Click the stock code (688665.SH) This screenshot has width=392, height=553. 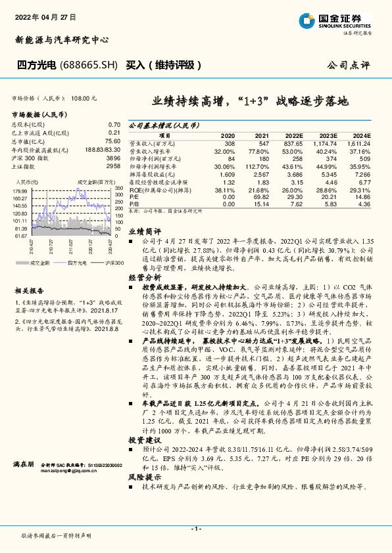coord(89,66)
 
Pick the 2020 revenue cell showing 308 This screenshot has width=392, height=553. coord(230,143)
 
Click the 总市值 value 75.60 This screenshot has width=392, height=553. coord(112,141)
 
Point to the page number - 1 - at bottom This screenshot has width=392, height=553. coord(196,529)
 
